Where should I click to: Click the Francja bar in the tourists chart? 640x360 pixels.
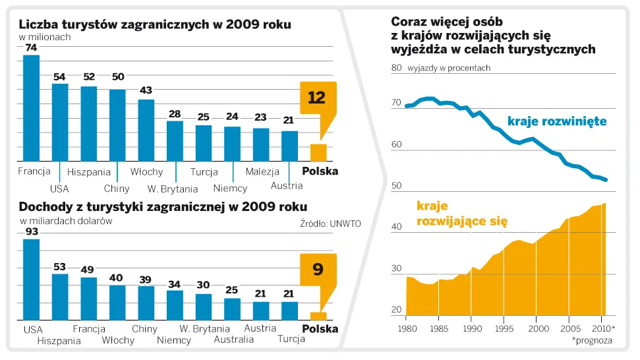31,109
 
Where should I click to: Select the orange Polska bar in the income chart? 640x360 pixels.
318,316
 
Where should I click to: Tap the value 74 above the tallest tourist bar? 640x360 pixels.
31,48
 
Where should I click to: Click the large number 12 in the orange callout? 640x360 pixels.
317,98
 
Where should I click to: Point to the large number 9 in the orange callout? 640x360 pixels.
318,269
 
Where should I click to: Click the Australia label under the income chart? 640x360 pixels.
233,340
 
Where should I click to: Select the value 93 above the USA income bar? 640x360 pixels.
31,231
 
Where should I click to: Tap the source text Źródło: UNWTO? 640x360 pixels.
330,224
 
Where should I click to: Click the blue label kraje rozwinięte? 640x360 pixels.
557,121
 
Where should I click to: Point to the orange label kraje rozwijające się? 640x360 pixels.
462,214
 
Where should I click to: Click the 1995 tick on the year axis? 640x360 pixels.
505,328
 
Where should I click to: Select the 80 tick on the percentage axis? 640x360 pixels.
396,68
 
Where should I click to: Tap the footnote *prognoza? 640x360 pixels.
594,340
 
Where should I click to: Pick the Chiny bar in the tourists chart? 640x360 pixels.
117,125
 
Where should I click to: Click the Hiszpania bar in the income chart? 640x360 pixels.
60,297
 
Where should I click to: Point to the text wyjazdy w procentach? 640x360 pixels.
449,68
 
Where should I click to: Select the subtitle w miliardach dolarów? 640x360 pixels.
66,221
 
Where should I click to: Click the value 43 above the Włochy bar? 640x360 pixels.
146,90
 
